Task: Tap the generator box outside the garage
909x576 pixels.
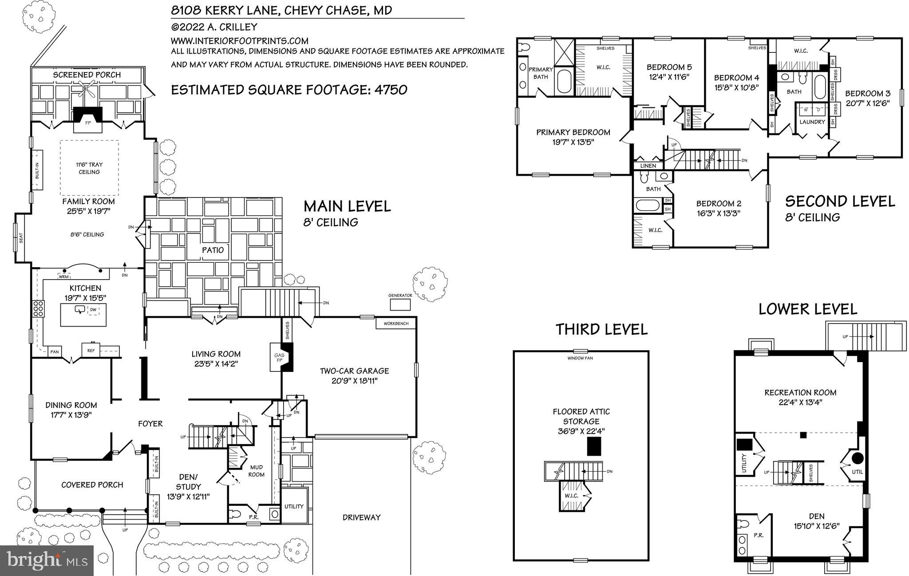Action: click(x=400, y=304)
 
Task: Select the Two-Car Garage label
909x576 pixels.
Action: click(x=354, y=371)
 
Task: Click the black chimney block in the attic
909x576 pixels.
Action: click(x=594, y=446)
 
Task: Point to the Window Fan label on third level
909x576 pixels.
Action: click(x=580, y=358)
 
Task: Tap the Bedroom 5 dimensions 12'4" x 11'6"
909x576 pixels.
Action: click(x=669, y=76)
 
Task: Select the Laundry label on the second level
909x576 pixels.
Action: click(x=812, y=122)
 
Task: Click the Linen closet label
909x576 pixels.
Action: click(x=648, y=166)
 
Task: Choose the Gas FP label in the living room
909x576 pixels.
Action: click(x=279, y=358)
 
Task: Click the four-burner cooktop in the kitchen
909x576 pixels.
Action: click(x=38, y=308)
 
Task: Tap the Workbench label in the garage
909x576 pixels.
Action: click(x=396, y=324)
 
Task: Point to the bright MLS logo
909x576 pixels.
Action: click(x=47, y=560)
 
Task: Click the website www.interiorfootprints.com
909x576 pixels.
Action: click(x=240, y=40)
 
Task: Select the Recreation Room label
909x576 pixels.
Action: click(x=800, y=392)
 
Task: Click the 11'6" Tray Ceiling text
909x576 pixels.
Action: click(x=89, y=168)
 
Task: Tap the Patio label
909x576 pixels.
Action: click(x=213, y=250)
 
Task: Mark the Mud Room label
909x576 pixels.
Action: click(x=256, y=470)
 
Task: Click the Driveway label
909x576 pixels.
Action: click(x=361, y=517)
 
